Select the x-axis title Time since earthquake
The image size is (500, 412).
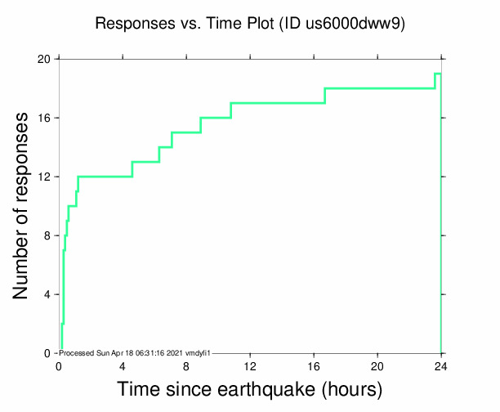[x=250, y=388]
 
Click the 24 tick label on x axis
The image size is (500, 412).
[x=441, y=365]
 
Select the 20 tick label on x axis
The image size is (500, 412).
[x=377, y=365]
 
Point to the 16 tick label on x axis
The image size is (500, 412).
[x=314, y=365]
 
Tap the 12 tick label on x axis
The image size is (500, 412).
[x=250, y=365]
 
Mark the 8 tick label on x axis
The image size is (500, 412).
[x=186, y=365]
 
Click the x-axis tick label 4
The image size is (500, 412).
[x=123, y=365]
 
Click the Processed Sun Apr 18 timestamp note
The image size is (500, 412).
[x=136, y=352]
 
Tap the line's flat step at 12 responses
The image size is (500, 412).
[x=105, y=177]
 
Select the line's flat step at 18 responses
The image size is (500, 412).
[x=380, y=88]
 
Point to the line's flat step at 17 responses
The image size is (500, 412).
[x=278, y=103]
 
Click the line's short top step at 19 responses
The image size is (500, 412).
[x=438, y=74]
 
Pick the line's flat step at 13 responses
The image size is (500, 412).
[x=145, y=162]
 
